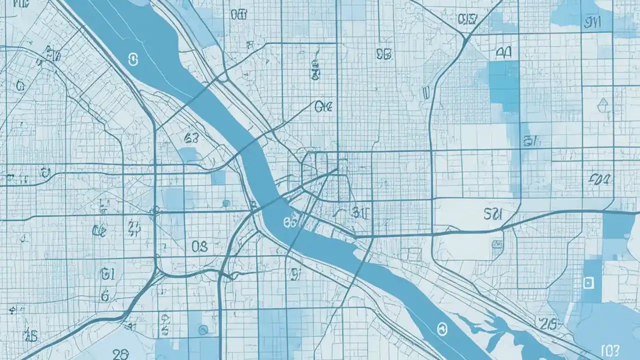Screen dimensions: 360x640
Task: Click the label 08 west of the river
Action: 199,246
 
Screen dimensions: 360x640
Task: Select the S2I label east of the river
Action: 493,214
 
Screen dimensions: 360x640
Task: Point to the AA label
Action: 503,53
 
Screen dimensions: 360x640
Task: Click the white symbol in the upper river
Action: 133,60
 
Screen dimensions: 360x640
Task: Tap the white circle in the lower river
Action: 441,328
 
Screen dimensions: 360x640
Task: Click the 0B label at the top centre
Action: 383,54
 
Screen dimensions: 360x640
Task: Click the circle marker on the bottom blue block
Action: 203,329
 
